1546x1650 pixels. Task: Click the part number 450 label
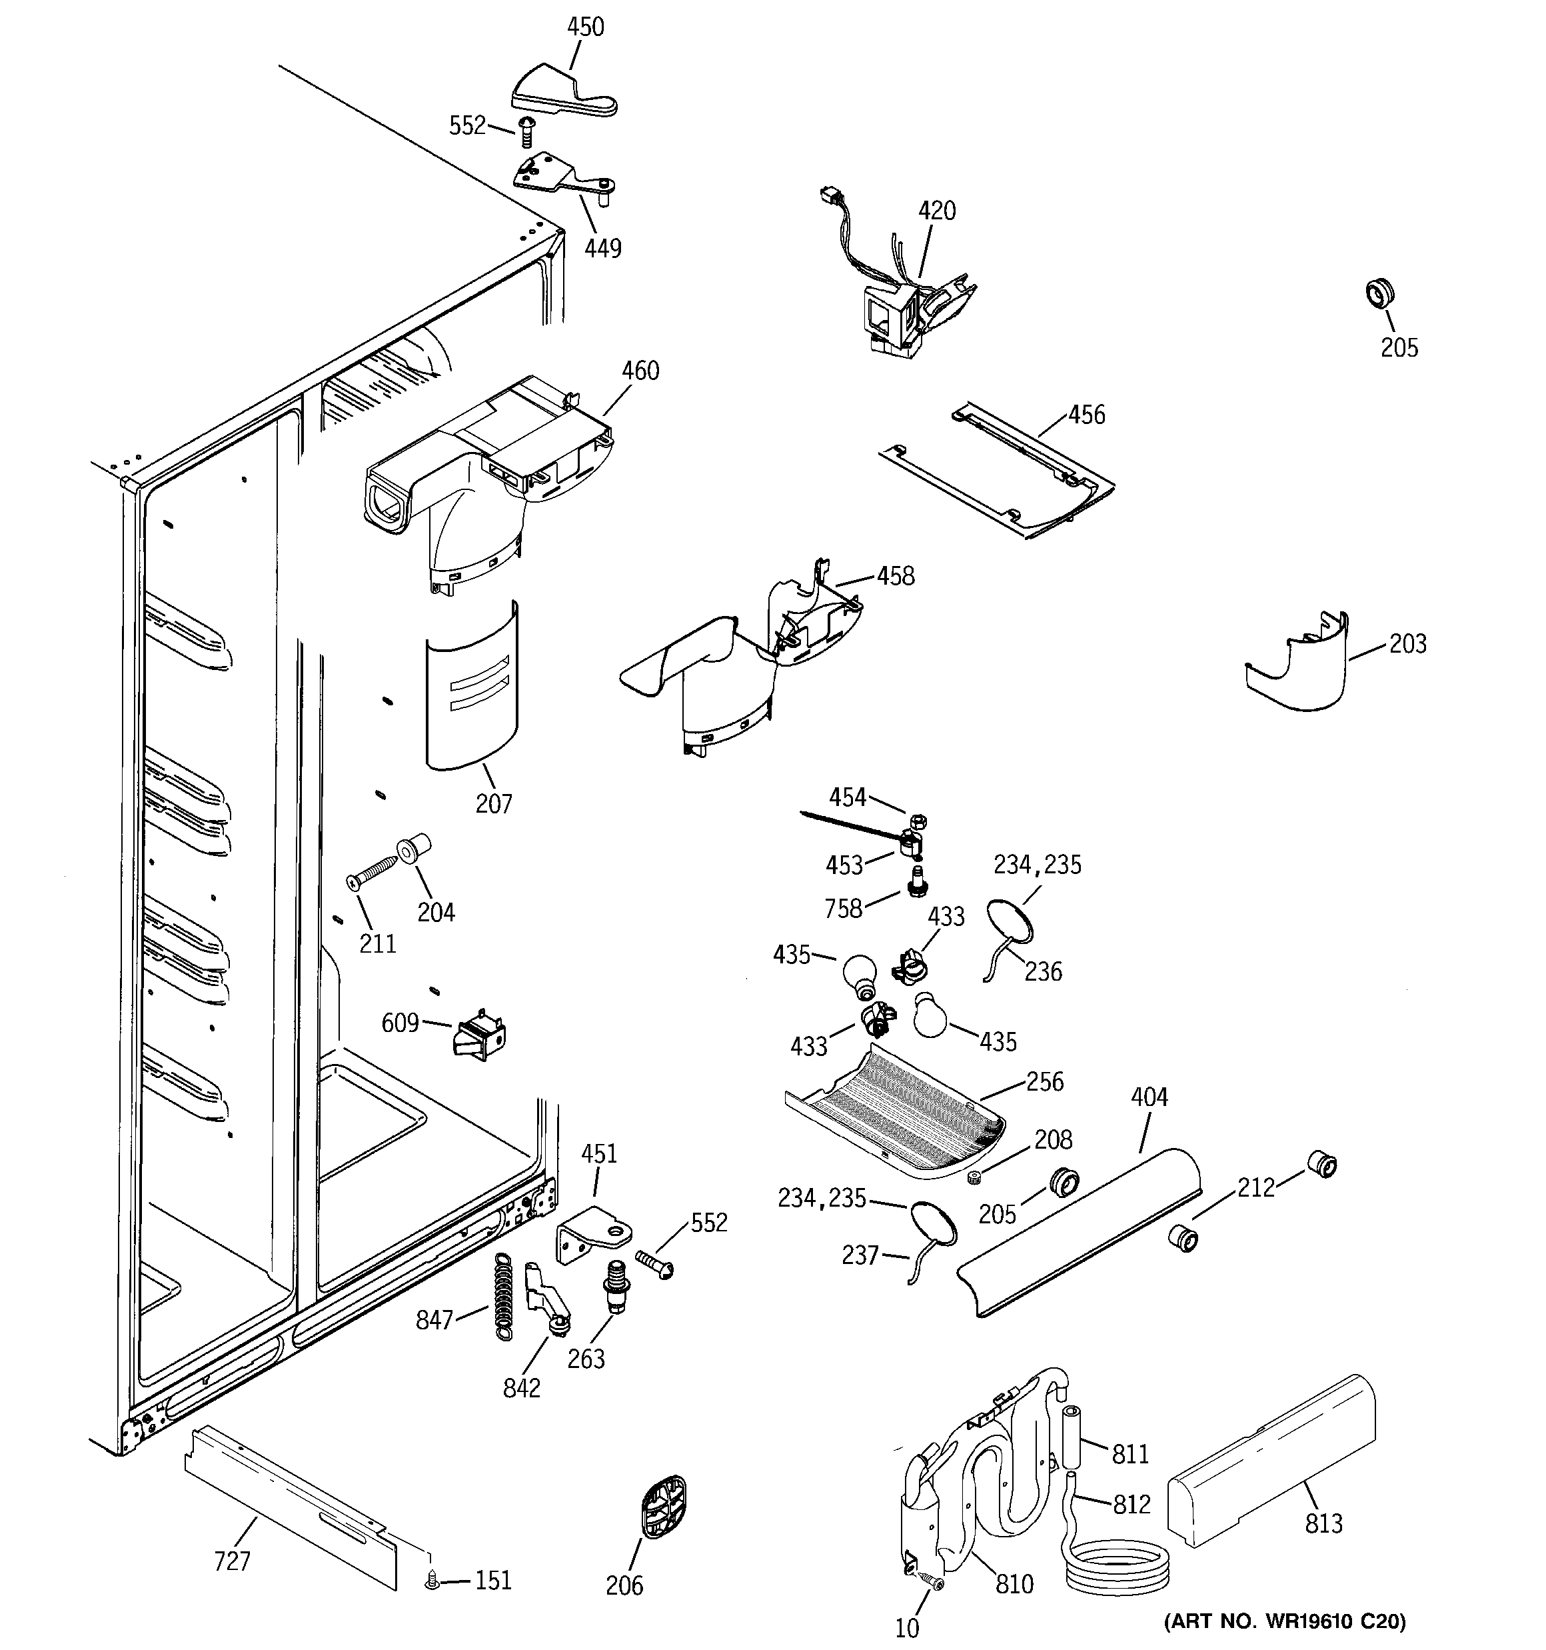tap(585, 27)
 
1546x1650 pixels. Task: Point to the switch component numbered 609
tap(480, 1037)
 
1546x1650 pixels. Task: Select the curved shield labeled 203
tap(1299, 671)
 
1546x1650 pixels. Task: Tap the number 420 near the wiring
tap(936, 211)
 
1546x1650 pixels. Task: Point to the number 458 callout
tap(896, 576)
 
